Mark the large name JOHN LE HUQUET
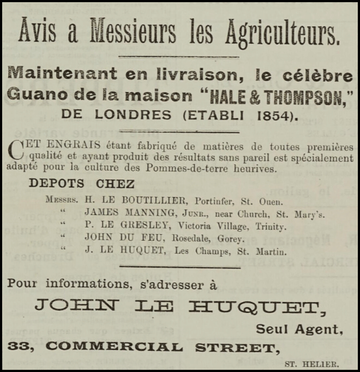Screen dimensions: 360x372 coord(176,306)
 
